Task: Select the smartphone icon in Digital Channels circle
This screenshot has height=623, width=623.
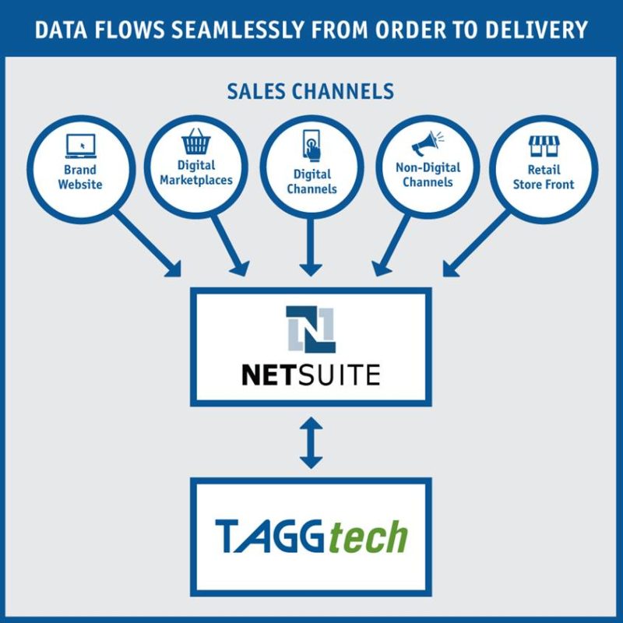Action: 311,146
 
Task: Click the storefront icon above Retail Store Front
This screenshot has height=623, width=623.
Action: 544,145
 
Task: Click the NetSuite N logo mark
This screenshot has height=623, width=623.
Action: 310,329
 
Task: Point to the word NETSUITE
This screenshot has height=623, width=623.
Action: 311,375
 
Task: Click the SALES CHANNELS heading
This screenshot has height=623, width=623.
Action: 311,91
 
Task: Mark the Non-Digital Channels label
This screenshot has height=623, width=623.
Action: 428,174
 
